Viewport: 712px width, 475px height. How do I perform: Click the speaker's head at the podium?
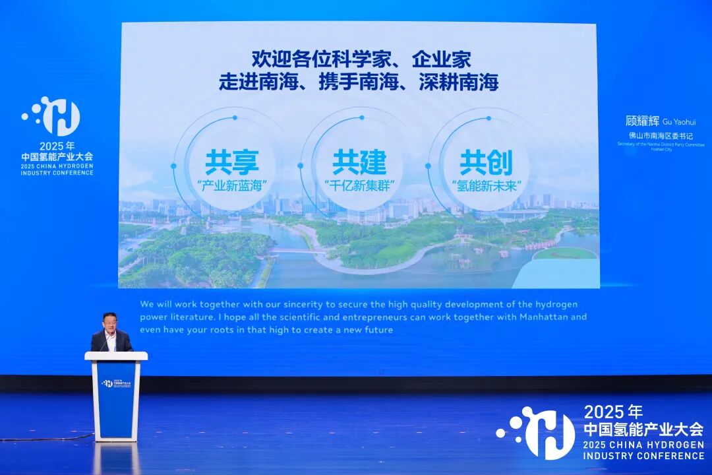[111, 323]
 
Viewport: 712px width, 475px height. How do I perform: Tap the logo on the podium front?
[116, 383]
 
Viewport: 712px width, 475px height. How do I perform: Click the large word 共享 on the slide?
[231, 162]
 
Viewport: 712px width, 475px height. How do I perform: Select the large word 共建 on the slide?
[359, 162]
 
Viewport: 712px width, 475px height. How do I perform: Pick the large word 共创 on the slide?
[486, 162]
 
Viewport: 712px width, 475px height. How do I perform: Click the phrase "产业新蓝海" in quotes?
[231, 185]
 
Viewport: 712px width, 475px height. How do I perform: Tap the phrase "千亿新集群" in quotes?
[359, 185]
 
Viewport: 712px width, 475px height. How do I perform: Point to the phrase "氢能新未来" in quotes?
[486, 185]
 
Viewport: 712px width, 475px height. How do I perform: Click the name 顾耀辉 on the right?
[642, 121]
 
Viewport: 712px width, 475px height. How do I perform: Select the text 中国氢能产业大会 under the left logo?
[57, 157]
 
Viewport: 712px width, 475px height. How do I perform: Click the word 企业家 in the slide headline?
[441, 60]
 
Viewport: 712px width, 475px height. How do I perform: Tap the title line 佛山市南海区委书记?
[660, 136]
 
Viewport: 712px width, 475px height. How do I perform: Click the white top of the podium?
[116, 356]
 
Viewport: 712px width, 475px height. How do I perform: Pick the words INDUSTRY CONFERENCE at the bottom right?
[643, 456]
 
